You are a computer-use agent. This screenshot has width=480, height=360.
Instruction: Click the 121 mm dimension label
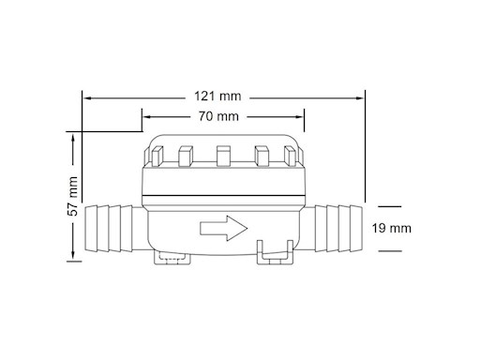[x=217, y=96]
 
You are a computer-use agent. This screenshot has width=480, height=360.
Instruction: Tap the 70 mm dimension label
[x=218, y=116]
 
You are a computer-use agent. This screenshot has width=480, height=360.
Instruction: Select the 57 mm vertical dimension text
[x=73, y=196]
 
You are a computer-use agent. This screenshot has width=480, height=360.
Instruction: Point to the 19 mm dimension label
[x=391, y=228]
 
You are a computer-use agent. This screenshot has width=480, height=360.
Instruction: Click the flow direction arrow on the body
[x=223, y=228]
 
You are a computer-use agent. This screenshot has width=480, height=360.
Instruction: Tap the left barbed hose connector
[x=109, y=229]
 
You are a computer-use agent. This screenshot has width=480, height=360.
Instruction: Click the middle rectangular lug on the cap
[x=223, y=156]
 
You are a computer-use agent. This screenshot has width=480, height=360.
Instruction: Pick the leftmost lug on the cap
[x=157, y=156]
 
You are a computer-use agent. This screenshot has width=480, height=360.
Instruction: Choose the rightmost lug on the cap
[x=290, y=156]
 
